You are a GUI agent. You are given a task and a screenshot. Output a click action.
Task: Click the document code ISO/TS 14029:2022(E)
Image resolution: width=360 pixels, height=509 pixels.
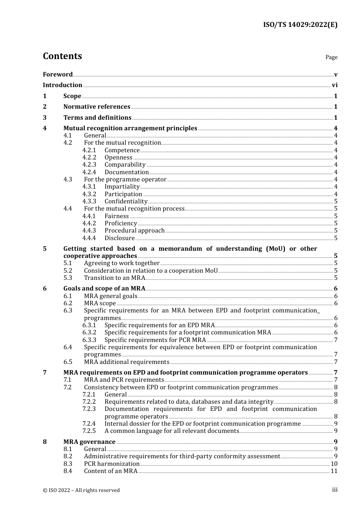click(x=300, y=25)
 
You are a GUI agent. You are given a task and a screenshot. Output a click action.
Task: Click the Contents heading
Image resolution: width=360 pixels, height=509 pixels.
click(x=62, y=56)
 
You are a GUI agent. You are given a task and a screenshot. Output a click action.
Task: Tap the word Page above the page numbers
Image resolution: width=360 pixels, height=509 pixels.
click(x=331, y=57)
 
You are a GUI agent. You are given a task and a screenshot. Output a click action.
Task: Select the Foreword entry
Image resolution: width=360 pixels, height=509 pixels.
click(x=58, y=75)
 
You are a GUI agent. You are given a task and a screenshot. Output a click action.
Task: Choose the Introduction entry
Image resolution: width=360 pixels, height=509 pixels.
click(x=63, y=85)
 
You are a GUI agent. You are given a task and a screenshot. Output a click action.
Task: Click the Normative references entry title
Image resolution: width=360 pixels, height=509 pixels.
click(x=97, y=107)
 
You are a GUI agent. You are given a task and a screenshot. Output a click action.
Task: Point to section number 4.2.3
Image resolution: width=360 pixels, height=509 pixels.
click(x=89, y=165)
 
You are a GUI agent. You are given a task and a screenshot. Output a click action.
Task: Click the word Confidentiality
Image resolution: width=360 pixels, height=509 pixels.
click(x=126, y=201)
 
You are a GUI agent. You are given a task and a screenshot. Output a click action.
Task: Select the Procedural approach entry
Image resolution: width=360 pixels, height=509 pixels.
click(x=135, y=231)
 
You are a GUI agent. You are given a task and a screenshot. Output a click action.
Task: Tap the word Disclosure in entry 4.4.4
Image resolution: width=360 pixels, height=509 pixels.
click(x=119, y=238)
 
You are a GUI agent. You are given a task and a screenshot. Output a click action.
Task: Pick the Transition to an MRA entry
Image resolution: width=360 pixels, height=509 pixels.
click(x=114, y=278)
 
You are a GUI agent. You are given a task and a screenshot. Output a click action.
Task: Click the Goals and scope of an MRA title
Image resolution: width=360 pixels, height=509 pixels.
click(x=104, y=289)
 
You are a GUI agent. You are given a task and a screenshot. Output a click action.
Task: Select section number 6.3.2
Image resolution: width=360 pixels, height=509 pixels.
click(x=89, y=333)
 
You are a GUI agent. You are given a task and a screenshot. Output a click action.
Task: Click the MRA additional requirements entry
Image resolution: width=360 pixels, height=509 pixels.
click(x=127, y=362)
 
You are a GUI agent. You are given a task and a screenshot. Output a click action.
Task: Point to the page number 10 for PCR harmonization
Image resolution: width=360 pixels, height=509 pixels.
click(x=334, y=464)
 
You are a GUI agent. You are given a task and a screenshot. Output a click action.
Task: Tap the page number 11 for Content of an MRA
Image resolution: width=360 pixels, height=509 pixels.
click(x=334, y=471)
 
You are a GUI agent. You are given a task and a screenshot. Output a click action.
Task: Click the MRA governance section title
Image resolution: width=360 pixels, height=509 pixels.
click(x=89, y=442)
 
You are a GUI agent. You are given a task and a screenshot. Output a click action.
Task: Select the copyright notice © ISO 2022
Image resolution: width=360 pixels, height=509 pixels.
click(x=81, y=490)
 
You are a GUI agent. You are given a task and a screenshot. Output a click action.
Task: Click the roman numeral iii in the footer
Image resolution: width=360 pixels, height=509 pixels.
click(x=335, y=490)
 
